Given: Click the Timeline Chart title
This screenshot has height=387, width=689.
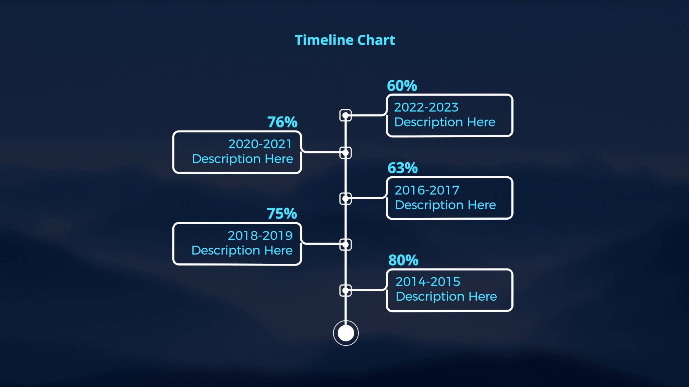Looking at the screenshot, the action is coord(345,40).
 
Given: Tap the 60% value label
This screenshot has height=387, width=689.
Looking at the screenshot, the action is coord(402,86).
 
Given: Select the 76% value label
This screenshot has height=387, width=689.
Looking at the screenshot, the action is coord(282,122).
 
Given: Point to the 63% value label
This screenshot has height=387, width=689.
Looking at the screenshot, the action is coord(403,168).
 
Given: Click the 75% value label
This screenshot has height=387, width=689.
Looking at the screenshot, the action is coord(282,214).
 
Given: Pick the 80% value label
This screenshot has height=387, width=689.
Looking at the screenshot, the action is coord(403,260).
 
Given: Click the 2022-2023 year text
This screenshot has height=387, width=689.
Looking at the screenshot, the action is coord(426,107).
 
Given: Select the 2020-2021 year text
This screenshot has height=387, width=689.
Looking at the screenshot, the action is coord(260,144).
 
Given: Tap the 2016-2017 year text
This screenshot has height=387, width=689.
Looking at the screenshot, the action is coord(427,190).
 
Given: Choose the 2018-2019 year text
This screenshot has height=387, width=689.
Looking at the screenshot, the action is coord(260,235).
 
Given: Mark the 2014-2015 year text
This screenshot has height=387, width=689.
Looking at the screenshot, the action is coord(428,282).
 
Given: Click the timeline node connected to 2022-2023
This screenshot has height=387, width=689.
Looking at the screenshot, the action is coord(346,115).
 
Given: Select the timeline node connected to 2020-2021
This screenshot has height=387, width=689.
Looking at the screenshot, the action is coord(346,153).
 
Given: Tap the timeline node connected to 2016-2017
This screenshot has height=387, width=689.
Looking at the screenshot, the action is coord(346,199).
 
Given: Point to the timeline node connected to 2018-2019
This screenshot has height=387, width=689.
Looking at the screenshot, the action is coord(346,245).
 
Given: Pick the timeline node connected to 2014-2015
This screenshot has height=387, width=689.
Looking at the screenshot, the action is coord(346,290).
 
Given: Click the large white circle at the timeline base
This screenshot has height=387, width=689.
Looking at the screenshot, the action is coord(346,333).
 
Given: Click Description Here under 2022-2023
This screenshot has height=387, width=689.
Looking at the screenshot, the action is coord(445,122).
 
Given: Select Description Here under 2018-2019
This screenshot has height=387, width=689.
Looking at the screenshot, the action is coord(242,250).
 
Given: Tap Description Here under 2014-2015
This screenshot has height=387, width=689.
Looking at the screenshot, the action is coord(446,297).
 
